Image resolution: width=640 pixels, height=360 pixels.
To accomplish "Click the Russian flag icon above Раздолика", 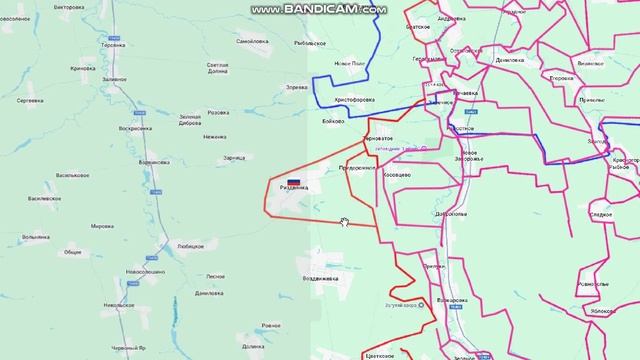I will click(281, 179).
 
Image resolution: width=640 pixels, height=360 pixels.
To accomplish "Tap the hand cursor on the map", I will click(345, 222).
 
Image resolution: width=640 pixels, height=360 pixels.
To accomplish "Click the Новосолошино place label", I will click(146, 271).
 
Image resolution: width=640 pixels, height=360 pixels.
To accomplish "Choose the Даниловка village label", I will click(208, 293).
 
